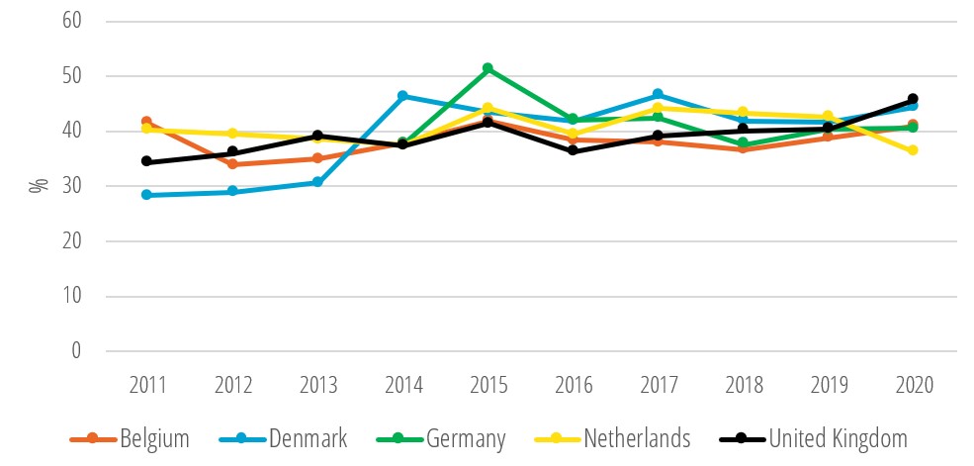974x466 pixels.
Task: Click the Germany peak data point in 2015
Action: coord(487,68)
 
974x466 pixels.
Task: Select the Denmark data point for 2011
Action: coord(146,195)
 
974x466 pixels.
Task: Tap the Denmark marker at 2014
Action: coord(402,96)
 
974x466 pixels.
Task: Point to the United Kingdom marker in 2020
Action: coord(913,99)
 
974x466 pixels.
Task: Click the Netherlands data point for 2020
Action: coord(913,150)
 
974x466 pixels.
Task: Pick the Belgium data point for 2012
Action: coord(231,164)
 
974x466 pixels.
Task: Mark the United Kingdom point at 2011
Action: coord(146,161)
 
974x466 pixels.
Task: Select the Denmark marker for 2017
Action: coord(658,94)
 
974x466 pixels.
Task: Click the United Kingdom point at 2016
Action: coord(573,150)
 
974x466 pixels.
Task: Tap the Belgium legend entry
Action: coord(129,438)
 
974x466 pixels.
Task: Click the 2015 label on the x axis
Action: coord(487,384)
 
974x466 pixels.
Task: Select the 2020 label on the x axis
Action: coord(913,384)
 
